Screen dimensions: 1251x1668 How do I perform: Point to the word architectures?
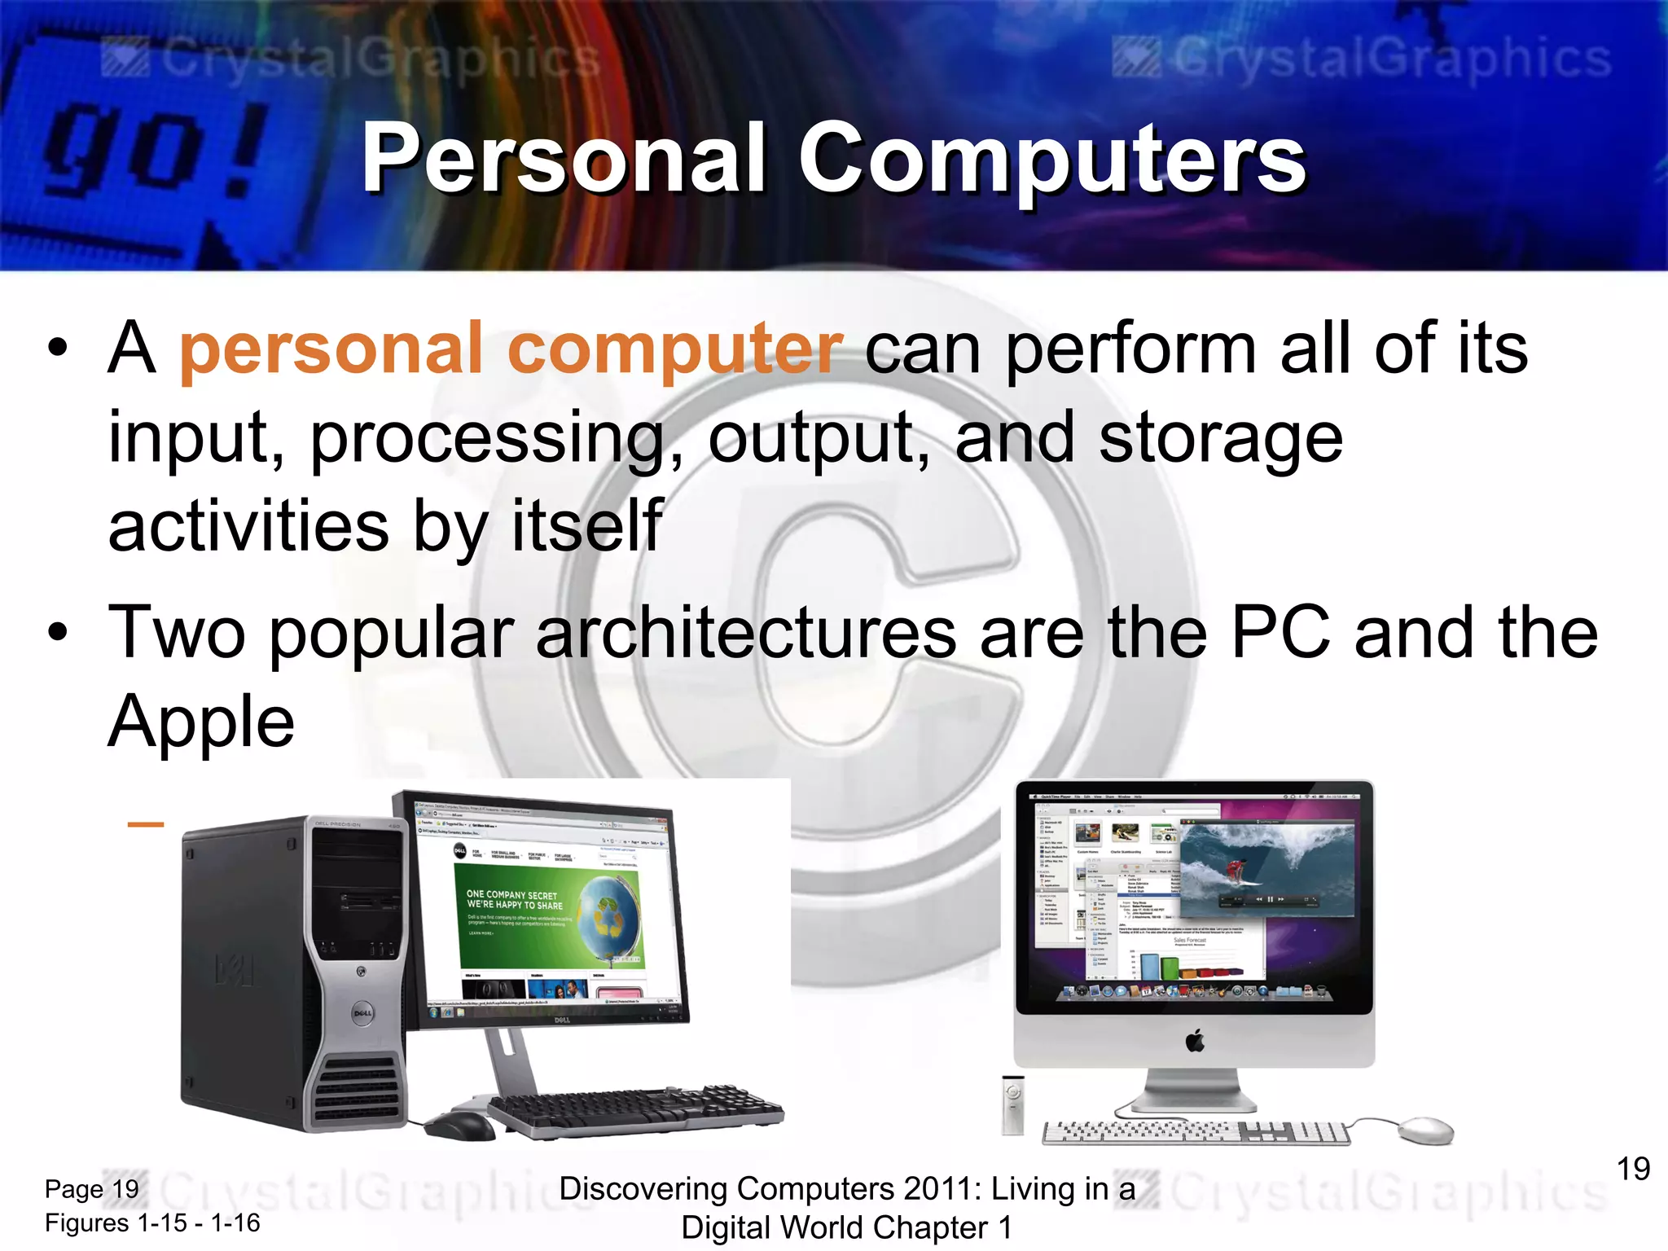coord(746,634)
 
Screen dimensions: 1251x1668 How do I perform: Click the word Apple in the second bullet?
coord(201,722)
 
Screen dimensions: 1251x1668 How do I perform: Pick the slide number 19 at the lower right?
coord(1633,1169)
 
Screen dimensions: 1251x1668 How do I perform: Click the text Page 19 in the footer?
coord(91,1189)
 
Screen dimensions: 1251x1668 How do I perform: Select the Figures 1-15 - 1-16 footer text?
coord(152,1222)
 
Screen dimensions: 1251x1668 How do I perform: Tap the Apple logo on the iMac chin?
coord(1195,1041)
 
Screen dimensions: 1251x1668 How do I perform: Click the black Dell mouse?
coord(460,1126)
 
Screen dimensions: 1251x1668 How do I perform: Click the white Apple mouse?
coord(1425,1130)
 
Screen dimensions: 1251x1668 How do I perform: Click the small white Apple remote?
coord(1012,1104)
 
